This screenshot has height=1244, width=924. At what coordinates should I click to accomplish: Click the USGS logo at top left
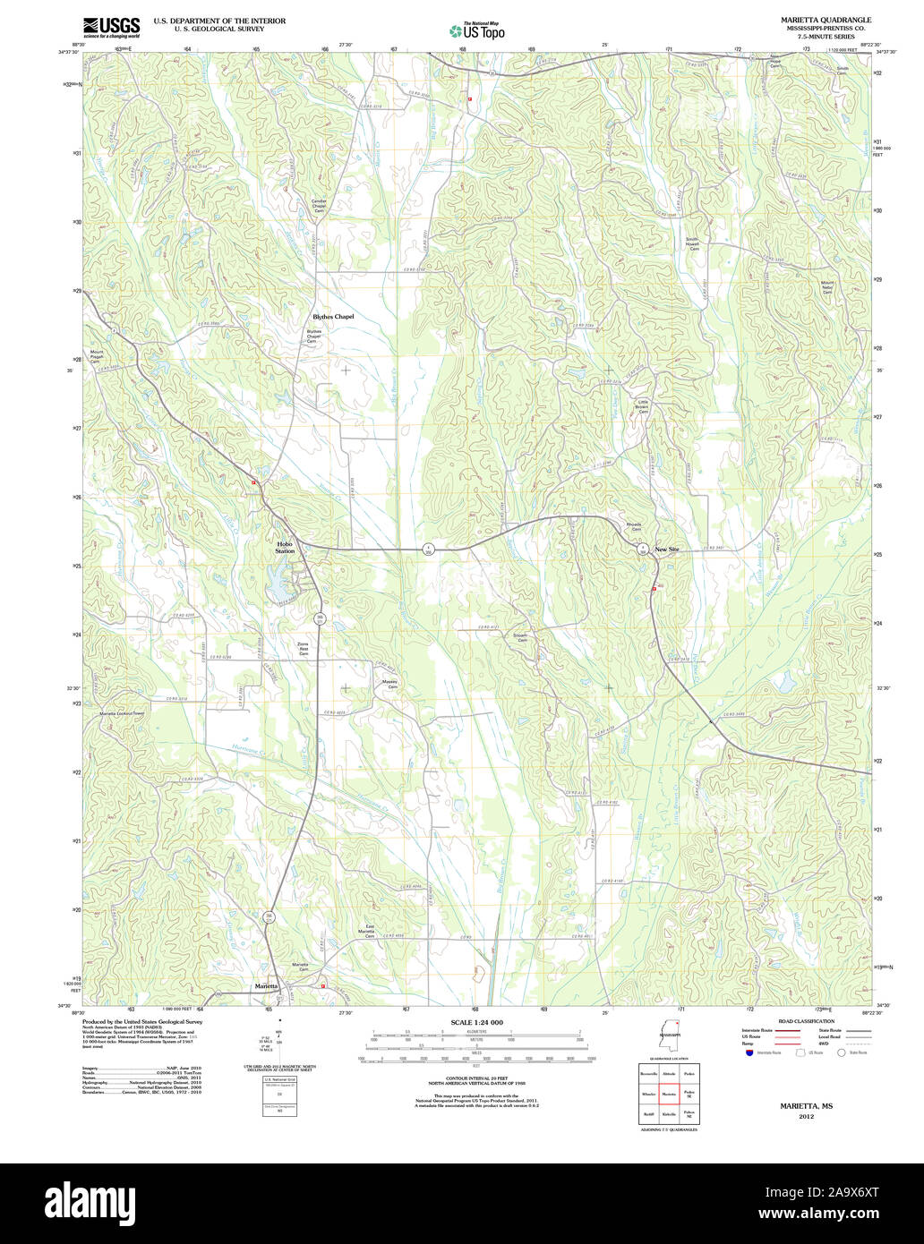pyautogui.click(x=111, y=27)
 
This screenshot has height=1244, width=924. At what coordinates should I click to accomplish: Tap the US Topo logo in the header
pyautogui.click(x=476, y=30)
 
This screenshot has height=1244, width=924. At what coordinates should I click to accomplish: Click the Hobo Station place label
pyautogui.click(x=285, y=547)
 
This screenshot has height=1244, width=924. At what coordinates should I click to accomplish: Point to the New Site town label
pyautogui.click(x=668, y=550)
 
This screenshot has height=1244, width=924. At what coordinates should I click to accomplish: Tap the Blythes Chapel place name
pyautogui.click(x=333, y=317)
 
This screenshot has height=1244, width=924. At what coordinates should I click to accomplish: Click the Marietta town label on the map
pyautogui.click(x=266, y=985)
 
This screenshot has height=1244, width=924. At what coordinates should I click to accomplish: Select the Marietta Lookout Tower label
pyautogui.click(x=121, y=713)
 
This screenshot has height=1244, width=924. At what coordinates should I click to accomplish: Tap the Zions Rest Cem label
pyautogui.click(x=304, y=649)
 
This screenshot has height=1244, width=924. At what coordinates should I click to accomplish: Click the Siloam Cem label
pyautogui.click(x=520, y=638)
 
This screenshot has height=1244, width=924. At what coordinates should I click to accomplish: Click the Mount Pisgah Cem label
pyautogui.click(x=97, y=354)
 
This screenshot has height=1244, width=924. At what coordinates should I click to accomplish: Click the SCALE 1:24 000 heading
pyautogui.click(x=476, y=1022)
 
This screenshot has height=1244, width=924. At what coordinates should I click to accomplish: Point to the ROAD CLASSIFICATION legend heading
pyautogui.click(x=806, y=1021)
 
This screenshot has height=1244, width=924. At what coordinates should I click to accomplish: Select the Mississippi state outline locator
pyautogui.click(x=668, y=1036)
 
